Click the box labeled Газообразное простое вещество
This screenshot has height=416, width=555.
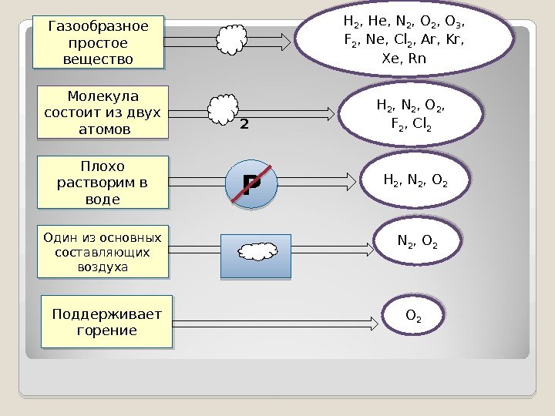click(99, 43)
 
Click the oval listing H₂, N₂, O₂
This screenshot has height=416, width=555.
click(415, 180)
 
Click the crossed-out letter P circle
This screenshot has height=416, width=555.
click(251, 184)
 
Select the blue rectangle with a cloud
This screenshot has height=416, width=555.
click(255, 255)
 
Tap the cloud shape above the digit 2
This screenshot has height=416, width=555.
click(224, 107)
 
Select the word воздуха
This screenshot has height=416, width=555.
click(103, 267)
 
